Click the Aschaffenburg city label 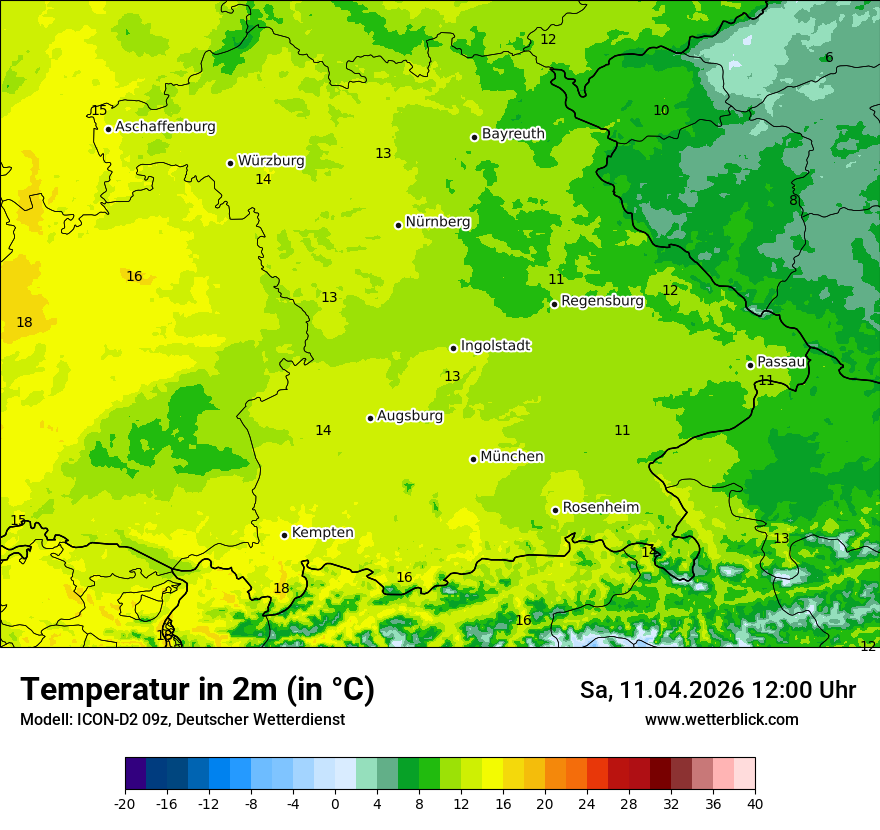[x=165, y=127]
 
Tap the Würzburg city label [x=271, y=161]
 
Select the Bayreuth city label [x=513, y=134]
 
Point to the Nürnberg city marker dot [x=398, y=225]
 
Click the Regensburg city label [x=602, y=301]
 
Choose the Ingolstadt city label [x=495, y=346]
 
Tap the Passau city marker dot [x=750, y=365]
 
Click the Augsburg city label [x=410, y=416]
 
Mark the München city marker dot [x=473, y=459]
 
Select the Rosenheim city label [x=600, y=508]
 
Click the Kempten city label [x=322, y=533]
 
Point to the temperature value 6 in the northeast [x=829, y=57]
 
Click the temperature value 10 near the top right [x=661, y=110]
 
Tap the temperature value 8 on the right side [x=793, y=200]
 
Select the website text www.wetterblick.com [x=721, y=720]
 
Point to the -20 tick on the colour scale [x=125, y=804]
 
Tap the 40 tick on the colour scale [x=755, y=804]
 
